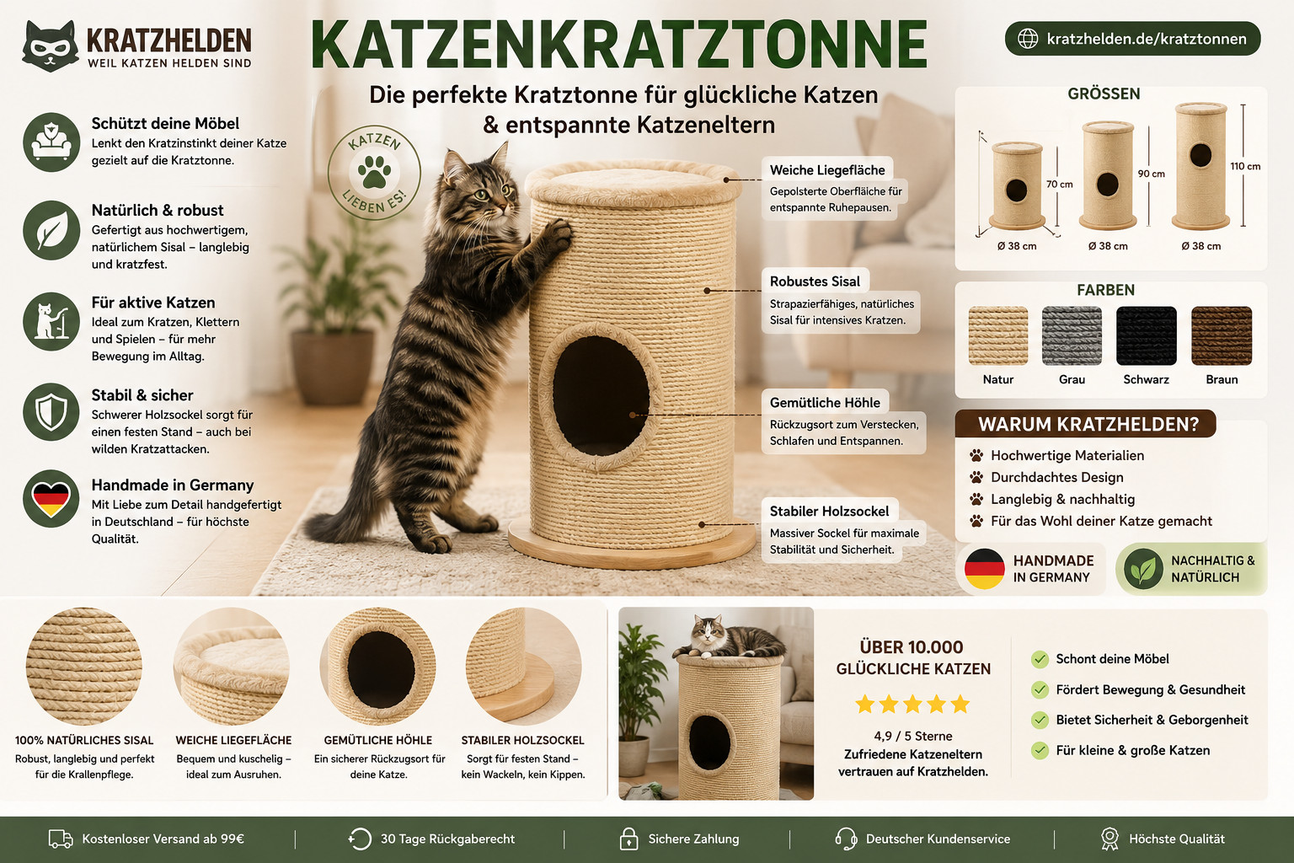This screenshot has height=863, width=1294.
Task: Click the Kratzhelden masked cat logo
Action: (50, 46)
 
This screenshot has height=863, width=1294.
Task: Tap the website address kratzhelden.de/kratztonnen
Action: (1147, 40)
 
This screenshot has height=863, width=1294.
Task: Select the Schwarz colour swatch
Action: (1146, 335)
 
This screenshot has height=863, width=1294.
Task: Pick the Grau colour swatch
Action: (1072, 335)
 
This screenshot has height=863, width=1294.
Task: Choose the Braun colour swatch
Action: (1222, 335)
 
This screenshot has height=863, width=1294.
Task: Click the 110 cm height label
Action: (1245, 167)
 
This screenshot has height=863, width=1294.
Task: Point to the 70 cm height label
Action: (1060, 185)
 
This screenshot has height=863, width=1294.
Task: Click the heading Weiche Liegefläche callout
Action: (827, 170)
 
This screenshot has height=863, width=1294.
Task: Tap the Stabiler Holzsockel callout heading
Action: (829, 512)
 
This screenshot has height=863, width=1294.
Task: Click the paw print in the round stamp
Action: (374, 172)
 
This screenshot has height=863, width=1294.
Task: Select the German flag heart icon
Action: (51, 498)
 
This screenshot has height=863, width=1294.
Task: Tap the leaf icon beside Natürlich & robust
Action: (51, 231)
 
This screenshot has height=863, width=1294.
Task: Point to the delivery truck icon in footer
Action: (61, 839)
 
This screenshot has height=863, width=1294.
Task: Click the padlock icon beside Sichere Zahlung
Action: (628, 839)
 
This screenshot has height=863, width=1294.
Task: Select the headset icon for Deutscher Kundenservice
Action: (847, 839)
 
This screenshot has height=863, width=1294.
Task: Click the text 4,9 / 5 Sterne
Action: (912, 736)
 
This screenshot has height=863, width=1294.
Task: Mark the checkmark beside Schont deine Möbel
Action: (1040, 659)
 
